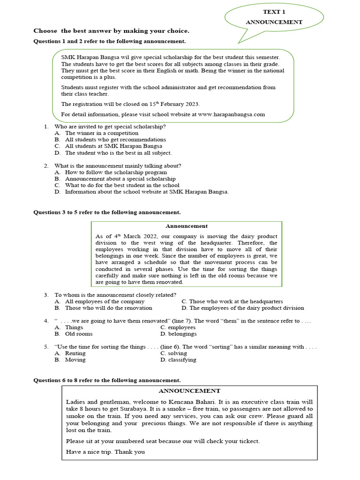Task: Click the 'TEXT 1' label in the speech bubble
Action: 274,12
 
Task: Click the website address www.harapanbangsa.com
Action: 232,114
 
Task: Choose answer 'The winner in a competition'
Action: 102,133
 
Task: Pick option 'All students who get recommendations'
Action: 115,140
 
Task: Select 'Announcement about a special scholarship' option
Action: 120,179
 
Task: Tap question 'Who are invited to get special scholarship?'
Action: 110,127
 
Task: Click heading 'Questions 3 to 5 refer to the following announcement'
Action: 107,212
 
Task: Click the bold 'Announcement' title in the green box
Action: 186,226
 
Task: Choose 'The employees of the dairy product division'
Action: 247,308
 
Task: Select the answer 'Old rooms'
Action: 79,334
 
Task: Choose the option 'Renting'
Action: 75,353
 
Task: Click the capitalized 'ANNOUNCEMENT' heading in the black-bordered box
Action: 189,390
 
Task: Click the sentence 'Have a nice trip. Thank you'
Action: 105,452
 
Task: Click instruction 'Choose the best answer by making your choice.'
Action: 112,31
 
